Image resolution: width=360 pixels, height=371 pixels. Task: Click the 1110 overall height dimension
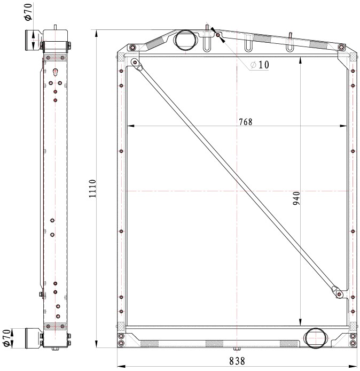(92, 189)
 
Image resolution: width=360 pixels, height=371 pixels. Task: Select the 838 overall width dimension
(237, 361)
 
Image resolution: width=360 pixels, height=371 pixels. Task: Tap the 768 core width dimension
(246, 122)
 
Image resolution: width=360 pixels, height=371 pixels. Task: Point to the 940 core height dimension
(296, 198)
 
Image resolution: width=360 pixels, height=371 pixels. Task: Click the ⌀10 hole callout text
(260, 65)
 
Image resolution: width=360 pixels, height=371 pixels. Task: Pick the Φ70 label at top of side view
(28, 12)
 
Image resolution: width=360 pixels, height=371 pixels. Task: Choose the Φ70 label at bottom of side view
(7, 338)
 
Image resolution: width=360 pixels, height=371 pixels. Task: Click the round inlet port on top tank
(185, 40)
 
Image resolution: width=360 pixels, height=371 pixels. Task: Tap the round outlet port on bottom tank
(316, 338)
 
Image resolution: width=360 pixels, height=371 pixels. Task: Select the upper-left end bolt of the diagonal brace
(135, 63)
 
